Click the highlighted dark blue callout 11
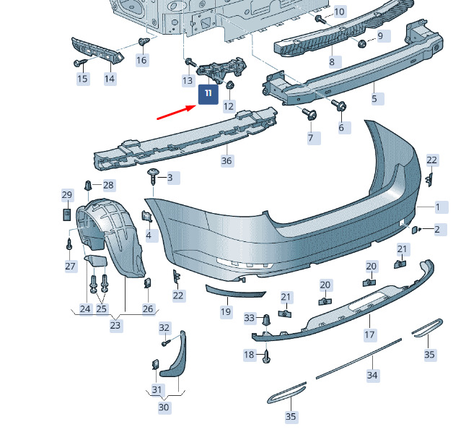click(208, 94)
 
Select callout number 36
click(227, 161)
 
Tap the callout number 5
click(375, 98)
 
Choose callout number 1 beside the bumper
click(437, 207)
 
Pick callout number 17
click(370, 335)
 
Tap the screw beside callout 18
click(266, 355)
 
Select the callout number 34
click(372, 376)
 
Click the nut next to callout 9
click(361, 44)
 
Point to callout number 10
click(339, 12)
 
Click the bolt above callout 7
click(309, 114)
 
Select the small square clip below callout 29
click(67, 215)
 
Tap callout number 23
click(115, 325)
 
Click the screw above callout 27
click(69, 244)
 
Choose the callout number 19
click(226, 311)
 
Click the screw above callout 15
click(80, 63)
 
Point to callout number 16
click(142, 61)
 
